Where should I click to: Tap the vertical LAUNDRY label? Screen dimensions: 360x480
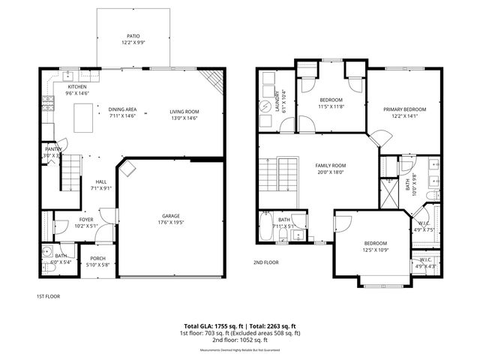tap(277, 101)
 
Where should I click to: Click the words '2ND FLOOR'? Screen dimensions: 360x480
tap(265, 262)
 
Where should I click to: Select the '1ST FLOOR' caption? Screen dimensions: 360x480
tap(49, 295)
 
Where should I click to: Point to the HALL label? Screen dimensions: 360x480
tap(100, 182)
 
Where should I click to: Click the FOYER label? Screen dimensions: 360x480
tap(87, 219)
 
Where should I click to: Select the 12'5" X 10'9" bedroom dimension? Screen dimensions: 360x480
tap(375, 250)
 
